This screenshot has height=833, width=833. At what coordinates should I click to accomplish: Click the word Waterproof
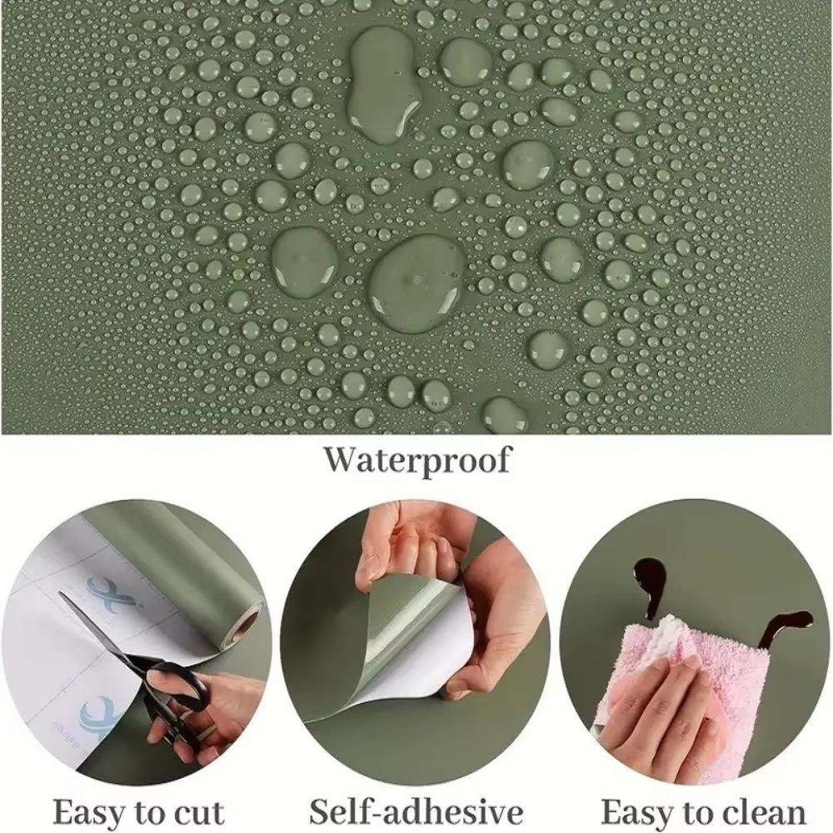[417, 461]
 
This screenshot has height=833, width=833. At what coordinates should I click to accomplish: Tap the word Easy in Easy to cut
[88, 811]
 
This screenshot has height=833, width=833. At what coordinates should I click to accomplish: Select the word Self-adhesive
[416, 811]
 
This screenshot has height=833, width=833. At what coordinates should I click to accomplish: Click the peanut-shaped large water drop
[382, 84]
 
